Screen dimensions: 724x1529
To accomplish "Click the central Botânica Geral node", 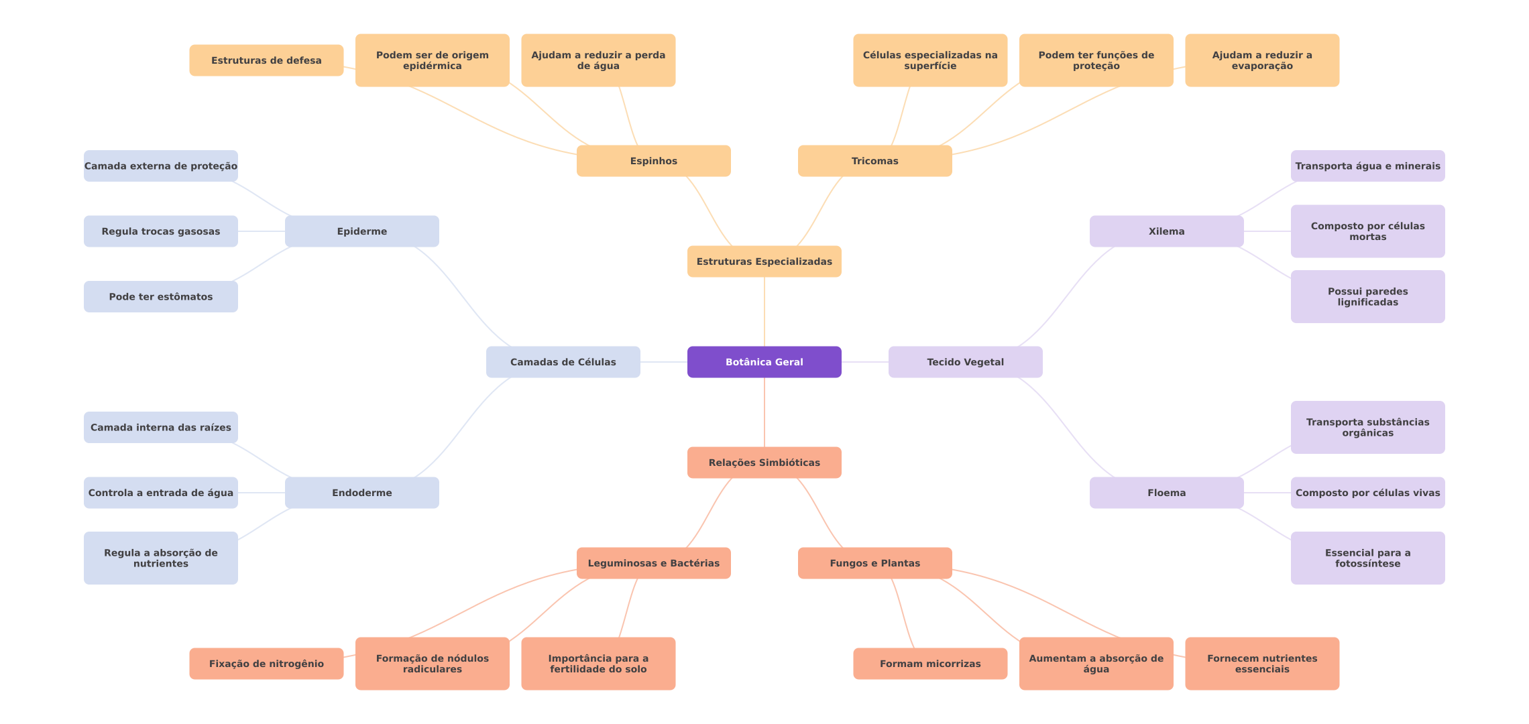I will (x=764, y=362).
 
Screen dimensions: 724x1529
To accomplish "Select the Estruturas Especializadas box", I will (x=764, y=261).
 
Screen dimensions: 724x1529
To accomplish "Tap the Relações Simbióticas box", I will (x=764, y=463).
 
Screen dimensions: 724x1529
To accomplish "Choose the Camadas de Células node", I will (x=563, y=362).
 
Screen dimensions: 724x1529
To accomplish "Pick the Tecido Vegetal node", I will (x=965, y=362).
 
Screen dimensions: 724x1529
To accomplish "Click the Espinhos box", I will (x=653, y=161).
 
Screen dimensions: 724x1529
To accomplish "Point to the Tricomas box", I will (x=874, y=161).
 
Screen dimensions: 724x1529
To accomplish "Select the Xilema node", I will (x=1166, y=231).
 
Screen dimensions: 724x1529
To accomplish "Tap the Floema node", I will (x=1166, y=493).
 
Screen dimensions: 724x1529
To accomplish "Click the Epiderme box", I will (x=361, y=231).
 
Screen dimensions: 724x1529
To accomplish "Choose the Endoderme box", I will (x=361, y=493).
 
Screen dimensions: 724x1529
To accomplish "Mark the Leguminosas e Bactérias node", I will (x=653, y=563).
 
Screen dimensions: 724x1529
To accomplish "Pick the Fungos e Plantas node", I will (x=874, y=563).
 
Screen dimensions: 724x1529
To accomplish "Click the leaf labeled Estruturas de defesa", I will (x=266, y=60).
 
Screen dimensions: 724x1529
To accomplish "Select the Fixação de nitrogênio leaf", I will (x=266, y=664).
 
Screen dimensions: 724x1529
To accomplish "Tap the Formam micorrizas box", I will (x=930, y=664).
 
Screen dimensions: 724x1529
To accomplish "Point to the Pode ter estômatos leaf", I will (x=160, y=296).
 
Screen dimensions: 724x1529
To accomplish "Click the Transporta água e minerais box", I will (x=1367, y=166).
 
